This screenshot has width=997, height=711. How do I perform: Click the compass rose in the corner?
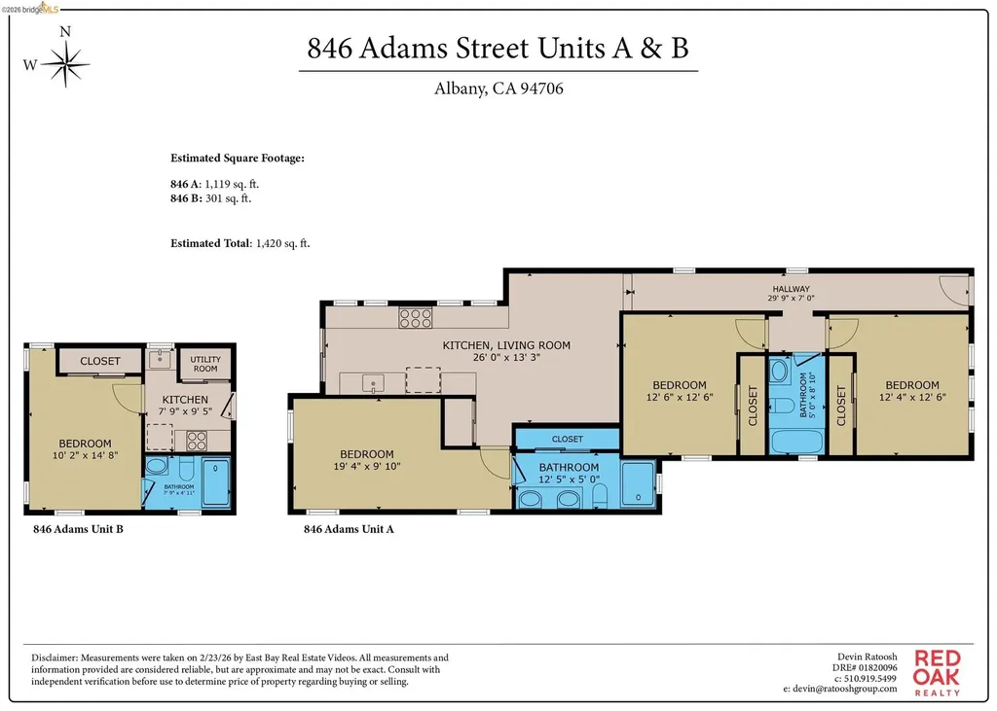[x=65, y=65]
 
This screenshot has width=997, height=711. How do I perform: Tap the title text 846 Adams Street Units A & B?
[x=498, y=49]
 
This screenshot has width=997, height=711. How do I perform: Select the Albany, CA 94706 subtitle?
[x=498, y=89]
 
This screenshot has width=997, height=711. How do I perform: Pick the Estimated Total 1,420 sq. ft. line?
[x=240, y=243]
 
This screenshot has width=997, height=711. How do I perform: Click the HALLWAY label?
[x=791, y=289]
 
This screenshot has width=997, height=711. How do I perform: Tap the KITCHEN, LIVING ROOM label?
[x=506, y=345]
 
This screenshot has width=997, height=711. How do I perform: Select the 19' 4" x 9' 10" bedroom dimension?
[x=367, y=468]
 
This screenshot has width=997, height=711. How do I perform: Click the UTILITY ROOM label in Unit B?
[x=204, y=364]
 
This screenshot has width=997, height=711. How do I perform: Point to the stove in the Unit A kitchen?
[x=416, y=316]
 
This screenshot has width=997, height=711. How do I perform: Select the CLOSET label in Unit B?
[x=100, y=361]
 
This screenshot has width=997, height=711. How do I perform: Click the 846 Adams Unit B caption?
[x=78, y=530]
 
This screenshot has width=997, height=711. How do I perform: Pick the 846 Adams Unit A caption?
[x=349, y=530]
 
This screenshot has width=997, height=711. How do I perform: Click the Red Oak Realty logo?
[x=937, y=672]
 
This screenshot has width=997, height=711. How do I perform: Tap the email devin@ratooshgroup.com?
[x=838, y=689]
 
